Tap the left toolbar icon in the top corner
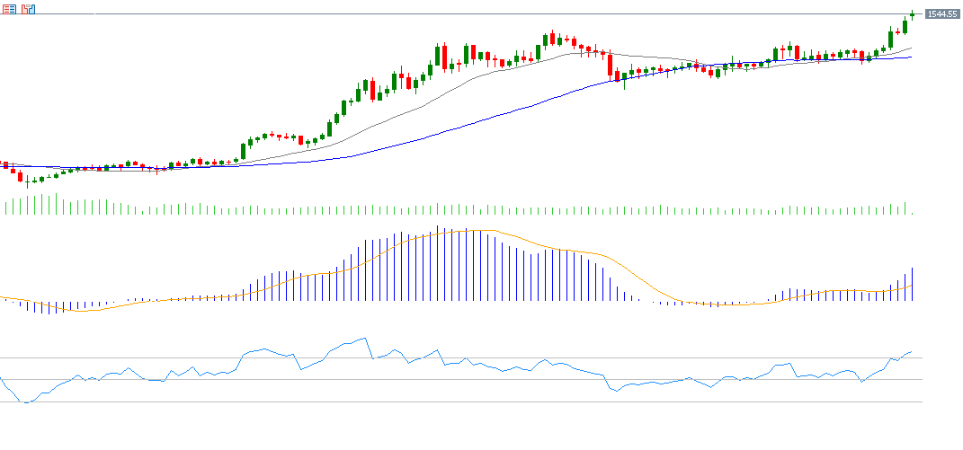[8, 9]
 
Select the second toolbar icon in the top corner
[29, 9]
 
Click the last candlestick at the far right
[912, 13]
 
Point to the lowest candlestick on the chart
[27, 181]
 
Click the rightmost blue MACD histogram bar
[912, 284]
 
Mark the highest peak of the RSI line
[365, 339]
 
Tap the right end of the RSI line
[912, 352]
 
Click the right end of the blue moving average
[912, 57]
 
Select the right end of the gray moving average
[912, 49]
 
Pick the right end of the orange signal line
[912, 286]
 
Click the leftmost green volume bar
[5, 207]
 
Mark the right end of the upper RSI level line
[923, 358]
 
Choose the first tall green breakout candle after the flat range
[243, 150]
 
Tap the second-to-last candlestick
[905, 25]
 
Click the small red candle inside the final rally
[897, 32]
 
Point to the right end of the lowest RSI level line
[923, 401]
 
